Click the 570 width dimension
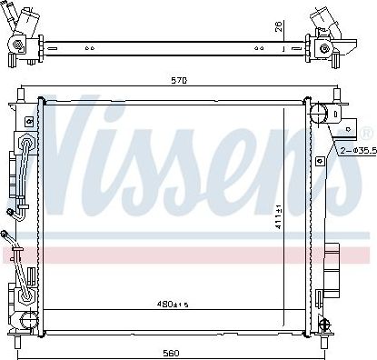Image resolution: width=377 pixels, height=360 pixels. pos(179,81)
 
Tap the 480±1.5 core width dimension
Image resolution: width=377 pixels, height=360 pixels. pos(171,305)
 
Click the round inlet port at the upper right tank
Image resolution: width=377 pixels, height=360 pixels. pos(319,113)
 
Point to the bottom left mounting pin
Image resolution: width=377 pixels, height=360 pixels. pos(16,342)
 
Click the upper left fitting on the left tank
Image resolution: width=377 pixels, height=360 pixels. pos(26,145)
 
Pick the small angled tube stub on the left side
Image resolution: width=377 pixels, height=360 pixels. pos(13,237)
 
